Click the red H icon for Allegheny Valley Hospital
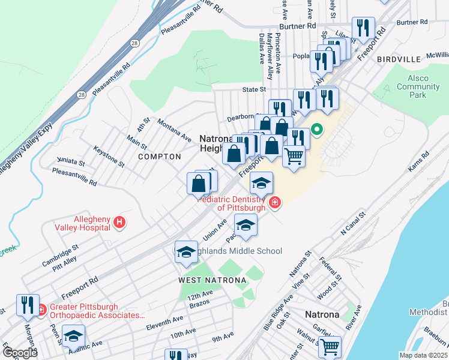pos(119,223)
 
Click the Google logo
pos(20,353)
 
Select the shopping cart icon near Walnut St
pos(330,346)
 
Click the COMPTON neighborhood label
pos(159,157)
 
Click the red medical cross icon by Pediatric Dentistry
pos(275,203)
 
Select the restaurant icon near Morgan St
pos(28,305)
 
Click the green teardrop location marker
pos(316,129)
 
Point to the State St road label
pos(253,89)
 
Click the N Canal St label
pos(352,223)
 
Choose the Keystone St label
pos(109,155)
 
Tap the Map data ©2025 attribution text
pos(423,355)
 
